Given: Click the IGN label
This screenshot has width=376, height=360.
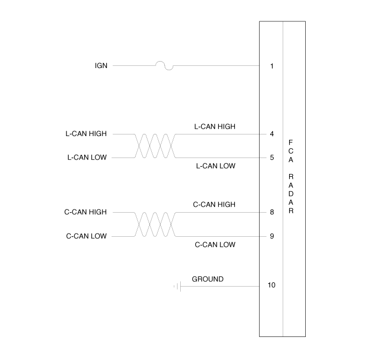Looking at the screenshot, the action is click(x=101, y=66).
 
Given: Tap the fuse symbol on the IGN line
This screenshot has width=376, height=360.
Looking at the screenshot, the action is click(x=165, y=65).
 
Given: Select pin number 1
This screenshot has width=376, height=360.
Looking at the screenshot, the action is click(x=272, y=66).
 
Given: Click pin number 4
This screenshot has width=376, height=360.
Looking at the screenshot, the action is click(x=272, y=133).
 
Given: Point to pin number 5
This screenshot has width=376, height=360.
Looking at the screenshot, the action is click(x=272, y=157).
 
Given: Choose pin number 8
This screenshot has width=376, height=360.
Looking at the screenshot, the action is click(x=272, y=212).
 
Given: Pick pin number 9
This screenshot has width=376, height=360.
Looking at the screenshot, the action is click(x=272, y=236).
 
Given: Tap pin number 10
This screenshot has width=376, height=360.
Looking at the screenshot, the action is click(x=271, y=285).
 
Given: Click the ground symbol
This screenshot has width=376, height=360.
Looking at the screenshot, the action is click(x=178, y=286).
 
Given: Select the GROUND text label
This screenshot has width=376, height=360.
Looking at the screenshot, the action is click(x=208, y=279).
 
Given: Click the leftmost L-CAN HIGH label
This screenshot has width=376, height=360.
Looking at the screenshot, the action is click(x=86, y=133).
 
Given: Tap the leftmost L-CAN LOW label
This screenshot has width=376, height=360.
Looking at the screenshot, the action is click(x=87, y=157).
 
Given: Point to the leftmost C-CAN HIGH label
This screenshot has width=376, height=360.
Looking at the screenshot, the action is click(x=85, y=212).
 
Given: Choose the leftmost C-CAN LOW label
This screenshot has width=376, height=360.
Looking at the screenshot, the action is click(x=86, y=236).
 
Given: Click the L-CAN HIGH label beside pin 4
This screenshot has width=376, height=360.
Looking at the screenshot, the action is click(x=215, y=126).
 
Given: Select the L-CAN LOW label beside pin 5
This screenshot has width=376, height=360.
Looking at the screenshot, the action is click(x=216, y=166).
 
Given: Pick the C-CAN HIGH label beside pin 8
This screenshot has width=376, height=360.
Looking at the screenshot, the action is click(x=214, y=205).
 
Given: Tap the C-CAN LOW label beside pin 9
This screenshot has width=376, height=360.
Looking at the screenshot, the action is click(x=215, y=244).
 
